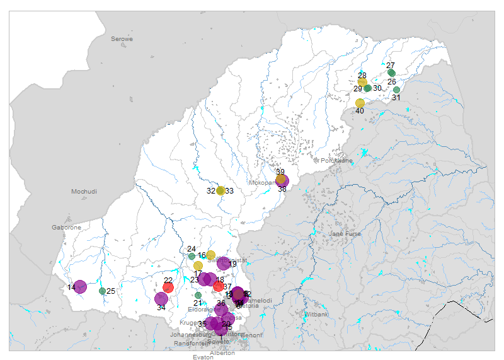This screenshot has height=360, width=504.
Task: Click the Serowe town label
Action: pos(122,39)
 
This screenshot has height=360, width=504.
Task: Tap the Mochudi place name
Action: pos(84,191)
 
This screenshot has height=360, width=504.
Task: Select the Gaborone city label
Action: pos(66,227)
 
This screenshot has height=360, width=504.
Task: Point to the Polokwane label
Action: pos(336,161)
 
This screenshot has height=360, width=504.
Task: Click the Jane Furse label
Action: pos(343,234)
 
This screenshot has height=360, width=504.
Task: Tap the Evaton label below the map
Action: pos(203,357)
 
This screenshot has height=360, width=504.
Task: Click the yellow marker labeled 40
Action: pos(360,103)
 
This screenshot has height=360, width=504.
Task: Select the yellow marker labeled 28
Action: pos(362,82)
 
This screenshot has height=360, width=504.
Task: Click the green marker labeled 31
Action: pos(396,90)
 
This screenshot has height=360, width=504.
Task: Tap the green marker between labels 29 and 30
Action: pos(368,88)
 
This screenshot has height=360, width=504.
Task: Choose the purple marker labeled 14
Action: pos(80,287)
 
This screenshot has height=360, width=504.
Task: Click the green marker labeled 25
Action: pos(102,291)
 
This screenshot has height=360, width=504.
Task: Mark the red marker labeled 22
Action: pos(168,287)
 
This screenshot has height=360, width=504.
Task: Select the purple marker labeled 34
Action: pos(161,299)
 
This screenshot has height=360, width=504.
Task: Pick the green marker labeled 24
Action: pos(192,256)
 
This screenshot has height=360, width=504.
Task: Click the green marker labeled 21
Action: pos(198,295)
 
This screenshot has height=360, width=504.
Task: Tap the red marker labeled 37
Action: pos(219,286)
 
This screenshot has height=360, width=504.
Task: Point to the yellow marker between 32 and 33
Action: pos(220,190)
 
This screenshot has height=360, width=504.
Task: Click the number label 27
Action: pos(391,66)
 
